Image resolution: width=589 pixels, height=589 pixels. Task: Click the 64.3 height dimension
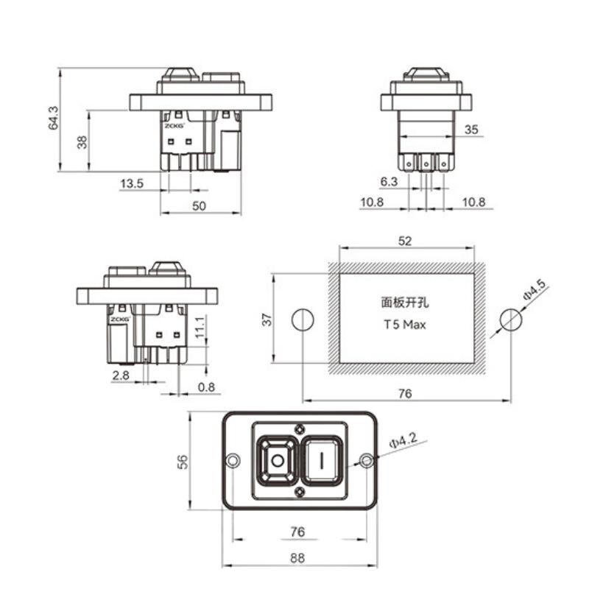pyautogui.click(x=53, y=118)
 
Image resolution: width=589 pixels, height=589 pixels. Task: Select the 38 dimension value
pyautogui.click(x=82, y=142)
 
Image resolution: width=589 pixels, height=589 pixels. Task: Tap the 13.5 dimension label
pyautogui.click(x=132, y=183)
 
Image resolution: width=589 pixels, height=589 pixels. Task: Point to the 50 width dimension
pyautogui.click(x=199, y=206)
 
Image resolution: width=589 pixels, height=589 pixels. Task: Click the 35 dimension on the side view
pyautogui.click(x=471, y=130)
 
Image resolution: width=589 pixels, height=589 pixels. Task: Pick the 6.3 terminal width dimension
pyautogui.click(x=389, y=182)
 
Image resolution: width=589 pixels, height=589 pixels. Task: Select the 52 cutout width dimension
pyautogui.click(x=405, y=241)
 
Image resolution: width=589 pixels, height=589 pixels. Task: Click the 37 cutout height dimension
pyautogui.click(x=267, y=320)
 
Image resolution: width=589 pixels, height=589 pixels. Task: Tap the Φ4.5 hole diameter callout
pyautogui.click(x=535, y=290)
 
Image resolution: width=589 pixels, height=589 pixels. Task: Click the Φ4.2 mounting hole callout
pyautogui.click(x=403, y=440)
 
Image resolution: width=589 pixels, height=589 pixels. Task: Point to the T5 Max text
pyautogui.click(x=405, y=325)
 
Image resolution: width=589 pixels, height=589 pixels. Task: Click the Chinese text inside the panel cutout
pyautogui.click(x=405, y=303)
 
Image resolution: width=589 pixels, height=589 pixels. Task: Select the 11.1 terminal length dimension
pyautogui.click(x=200, y=327)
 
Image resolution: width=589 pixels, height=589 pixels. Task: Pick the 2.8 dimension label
pyautogui.click(x=121, y=375)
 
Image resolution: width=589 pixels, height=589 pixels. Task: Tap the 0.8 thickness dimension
pyautogui.click(x=206, y=387)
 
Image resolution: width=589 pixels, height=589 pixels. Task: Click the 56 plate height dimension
pyautogui.click(x=182, y=462)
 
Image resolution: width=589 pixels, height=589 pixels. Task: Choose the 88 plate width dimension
pyautogui.click(x=297, y=558)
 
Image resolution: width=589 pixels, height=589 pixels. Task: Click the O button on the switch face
pyautogui.click(x=278, y=461)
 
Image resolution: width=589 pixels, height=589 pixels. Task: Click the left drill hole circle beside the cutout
pyautogui.click(x=303, y=320)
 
